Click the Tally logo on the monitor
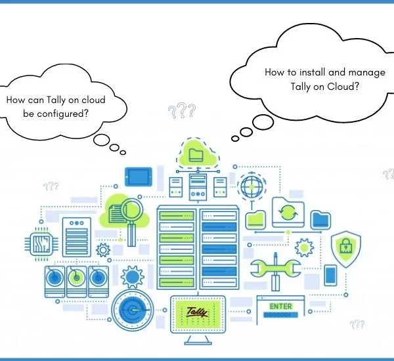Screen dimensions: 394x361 pos(197,312)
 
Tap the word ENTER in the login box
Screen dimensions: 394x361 pos(280,307)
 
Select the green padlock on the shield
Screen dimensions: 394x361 pos(346,245)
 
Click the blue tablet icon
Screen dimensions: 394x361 pos(139,177)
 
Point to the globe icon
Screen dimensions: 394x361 pos(252,186)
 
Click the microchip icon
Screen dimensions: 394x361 pos(41,244)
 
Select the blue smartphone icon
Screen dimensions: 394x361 pos(330,275)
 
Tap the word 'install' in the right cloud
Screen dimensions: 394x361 pos(313,72)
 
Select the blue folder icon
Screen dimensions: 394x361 pos(320,220)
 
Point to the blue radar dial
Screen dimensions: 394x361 pos(133,310)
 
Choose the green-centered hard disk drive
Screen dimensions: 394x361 pos(77,282)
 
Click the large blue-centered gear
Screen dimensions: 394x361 pos(133,277)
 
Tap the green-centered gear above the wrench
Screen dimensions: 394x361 pos(304,247)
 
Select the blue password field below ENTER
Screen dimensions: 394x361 pos(280,314)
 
